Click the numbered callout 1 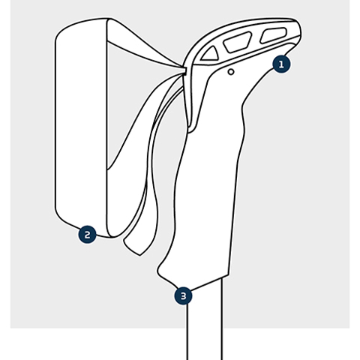coord(281,64)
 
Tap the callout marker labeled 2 coord(87,235)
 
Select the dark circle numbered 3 coord(184,296)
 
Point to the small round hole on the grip coord(231,72)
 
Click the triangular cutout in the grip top coord(211,54)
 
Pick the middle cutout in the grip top coord(238,42)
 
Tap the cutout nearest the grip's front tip coord(274,34)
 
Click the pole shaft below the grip coord(205,322)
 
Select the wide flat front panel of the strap coord(81,127)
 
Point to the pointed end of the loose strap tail coord(139,255)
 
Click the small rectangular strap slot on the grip coord(185,70)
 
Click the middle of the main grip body coord(208,180)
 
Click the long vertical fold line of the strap coord(107,127)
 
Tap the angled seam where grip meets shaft coord(209,283)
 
